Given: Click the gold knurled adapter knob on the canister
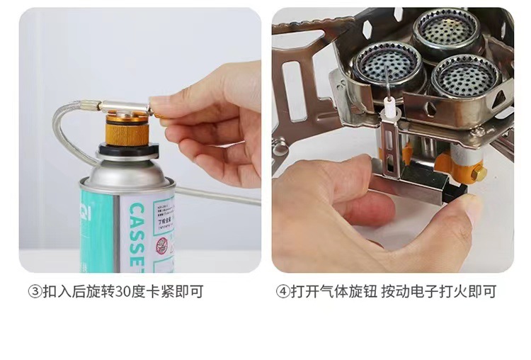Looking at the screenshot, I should pyautogui.click(x=122, y=130).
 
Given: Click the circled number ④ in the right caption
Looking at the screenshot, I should pyautogui.click(x=282, y=292).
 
